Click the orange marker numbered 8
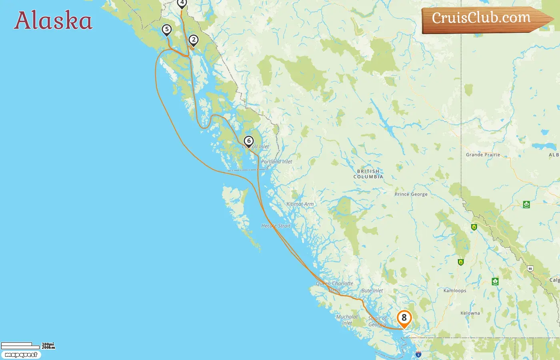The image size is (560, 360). (404, 318)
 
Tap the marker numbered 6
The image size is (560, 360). (249, 141)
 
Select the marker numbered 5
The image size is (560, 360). (167, 30)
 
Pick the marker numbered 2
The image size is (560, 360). (194, 40)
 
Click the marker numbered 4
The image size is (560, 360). (182, 3)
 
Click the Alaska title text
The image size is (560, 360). (53, 21)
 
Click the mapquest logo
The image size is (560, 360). (21, 355)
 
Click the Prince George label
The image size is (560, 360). (411, 194)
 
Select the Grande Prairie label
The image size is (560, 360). (483, 155)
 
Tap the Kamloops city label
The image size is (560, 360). (455, 291)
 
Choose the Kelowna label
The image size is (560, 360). (470, 313)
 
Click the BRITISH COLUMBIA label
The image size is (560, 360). (368, 174)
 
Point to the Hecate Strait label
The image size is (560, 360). (276, 226)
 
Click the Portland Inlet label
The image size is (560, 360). (276, 162)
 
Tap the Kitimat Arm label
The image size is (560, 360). (300, 204)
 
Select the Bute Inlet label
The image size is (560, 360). (372, 291)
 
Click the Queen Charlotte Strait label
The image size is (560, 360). (335, 286)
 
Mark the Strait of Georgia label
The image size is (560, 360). (378, 321)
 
